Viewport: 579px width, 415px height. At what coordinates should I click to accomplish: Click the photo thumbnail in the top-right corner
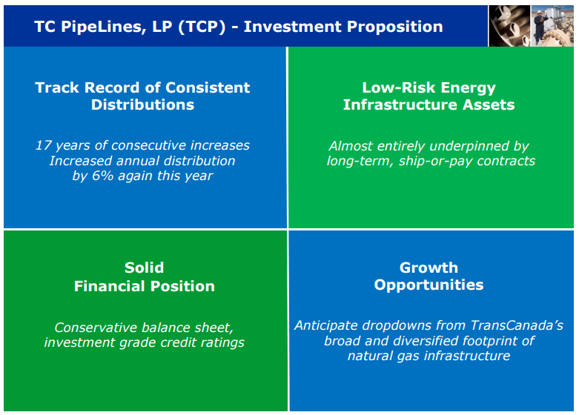pyautogui.click(x=531, y=25)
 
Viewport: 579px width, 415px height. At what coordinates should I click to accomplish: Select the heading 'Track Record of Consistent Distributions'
pyautogui.click(x=142, y=96)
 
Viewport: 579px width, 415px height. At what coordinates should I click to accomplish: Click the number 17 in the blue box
pyautogui.click(x=43, y=145)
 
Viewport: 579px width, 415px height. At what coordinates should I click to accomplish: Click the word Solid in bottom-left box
pyautogui.click(x=144, y=268)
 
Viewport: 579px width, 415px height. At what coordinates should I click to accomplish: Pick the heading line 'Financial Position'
pyautogui.click(x=144, y=286)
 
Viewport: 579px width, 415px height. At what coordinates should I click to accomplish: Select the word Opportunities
pyautogui.click(x=429, y=285)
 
